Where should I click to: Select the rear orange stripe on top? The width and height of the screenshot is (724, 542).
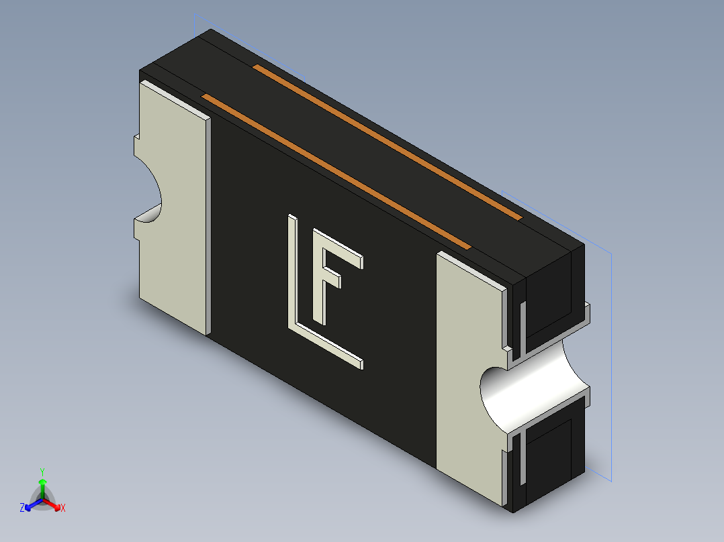tap(388, 142)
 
